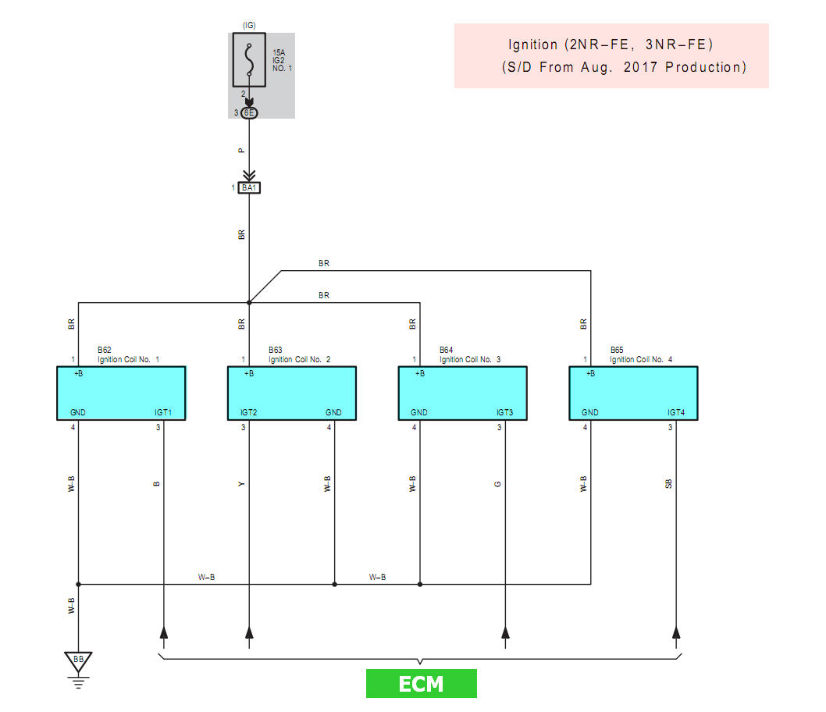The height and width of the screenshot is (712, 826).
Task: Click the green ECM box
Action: [421, 684]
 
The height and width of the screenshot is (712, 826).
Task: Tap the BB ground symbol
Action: [78, 660]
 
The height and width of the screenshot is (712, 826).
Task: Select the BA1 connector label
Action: [249, 187]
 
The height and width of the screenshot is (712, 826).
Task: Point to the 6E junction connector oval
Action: [249, 113]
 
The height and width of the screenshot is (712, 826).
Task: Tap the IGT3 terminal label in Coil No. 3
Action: [506, 412]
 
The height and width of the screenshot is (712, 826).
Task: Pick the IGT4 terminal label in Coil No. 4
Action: [676, 412]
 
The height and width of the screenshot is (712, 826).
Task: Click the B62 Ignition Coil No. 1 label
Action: [129, 355]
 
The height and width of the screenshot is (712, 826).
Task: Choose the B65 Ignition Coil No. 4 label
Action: [641, 355]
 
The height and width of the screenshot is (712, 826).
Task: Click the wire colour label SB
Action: [669, 484]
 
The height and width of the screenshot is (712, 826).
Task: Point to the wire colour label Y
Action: [242, 484]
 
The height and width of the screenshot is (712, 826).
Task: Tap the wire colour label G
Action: [498, 484]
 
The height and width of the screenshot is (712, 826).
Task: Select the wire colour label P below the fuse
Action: [242, 150]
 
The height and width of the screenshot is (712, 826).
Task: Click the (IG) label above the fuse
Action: [249, 25]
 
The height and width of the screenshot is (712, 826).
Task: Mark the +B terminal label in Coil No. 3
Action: [420, 374]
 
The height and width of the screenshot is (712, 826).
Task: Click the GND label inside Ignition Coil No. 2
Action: [333, 412]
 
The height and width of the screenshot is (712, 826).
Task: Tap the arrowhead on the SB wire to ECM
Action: [676, 632]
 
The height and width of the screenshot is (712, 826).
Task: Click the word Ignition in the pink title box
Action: [533, 45]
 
